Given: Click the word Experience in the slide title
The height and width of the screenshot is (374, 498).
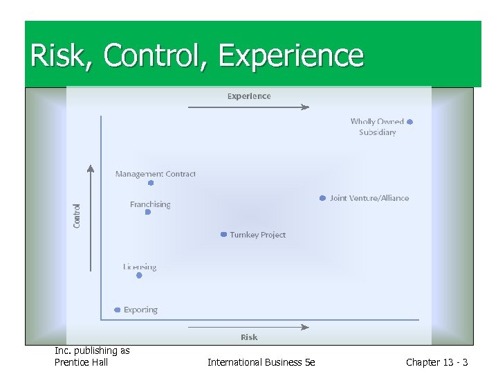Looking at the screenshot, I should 291,55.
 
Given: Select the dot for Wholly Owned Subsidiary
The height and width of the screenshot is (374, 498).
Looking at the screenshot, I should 410,122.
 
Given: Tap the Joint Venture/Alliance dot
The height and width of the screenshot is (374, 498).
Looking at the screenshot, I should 322,198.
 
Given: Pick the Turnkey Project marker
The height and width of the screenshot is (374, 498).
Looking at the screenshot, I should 223,235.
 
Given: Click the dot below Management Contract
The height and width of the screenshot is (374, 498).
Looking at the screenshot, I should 151,184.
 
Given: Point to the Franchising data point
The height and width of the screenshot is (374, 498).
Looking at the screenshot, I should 148,213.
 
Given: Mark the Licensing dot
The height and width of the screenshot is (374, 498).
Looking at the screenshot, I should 139,275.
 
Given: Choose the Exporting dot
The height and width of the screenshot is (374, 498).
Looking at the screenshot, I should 118,310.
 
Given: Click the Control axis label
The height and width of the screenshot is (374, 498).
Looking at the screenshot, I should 77,215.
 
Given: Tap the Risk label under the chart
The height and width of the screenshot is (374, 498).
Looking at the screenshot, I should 249,337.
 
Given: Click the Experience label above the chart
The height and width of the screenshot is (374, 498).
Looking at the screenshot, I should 249,96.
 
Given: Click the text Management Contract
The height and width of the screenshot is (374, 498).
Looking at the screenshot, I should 156,174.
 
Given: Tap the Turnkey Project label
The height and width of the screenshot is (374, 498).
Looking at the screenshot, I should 257,235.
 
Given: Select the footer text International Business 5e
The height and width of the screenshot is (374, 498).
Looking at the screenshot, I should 261,362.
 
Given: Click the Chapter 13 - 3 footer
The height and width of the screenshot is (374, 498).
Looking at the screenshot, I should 436,362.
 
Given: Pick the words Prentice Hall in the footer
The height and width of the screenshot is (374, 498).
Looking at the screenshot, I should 81,362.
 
